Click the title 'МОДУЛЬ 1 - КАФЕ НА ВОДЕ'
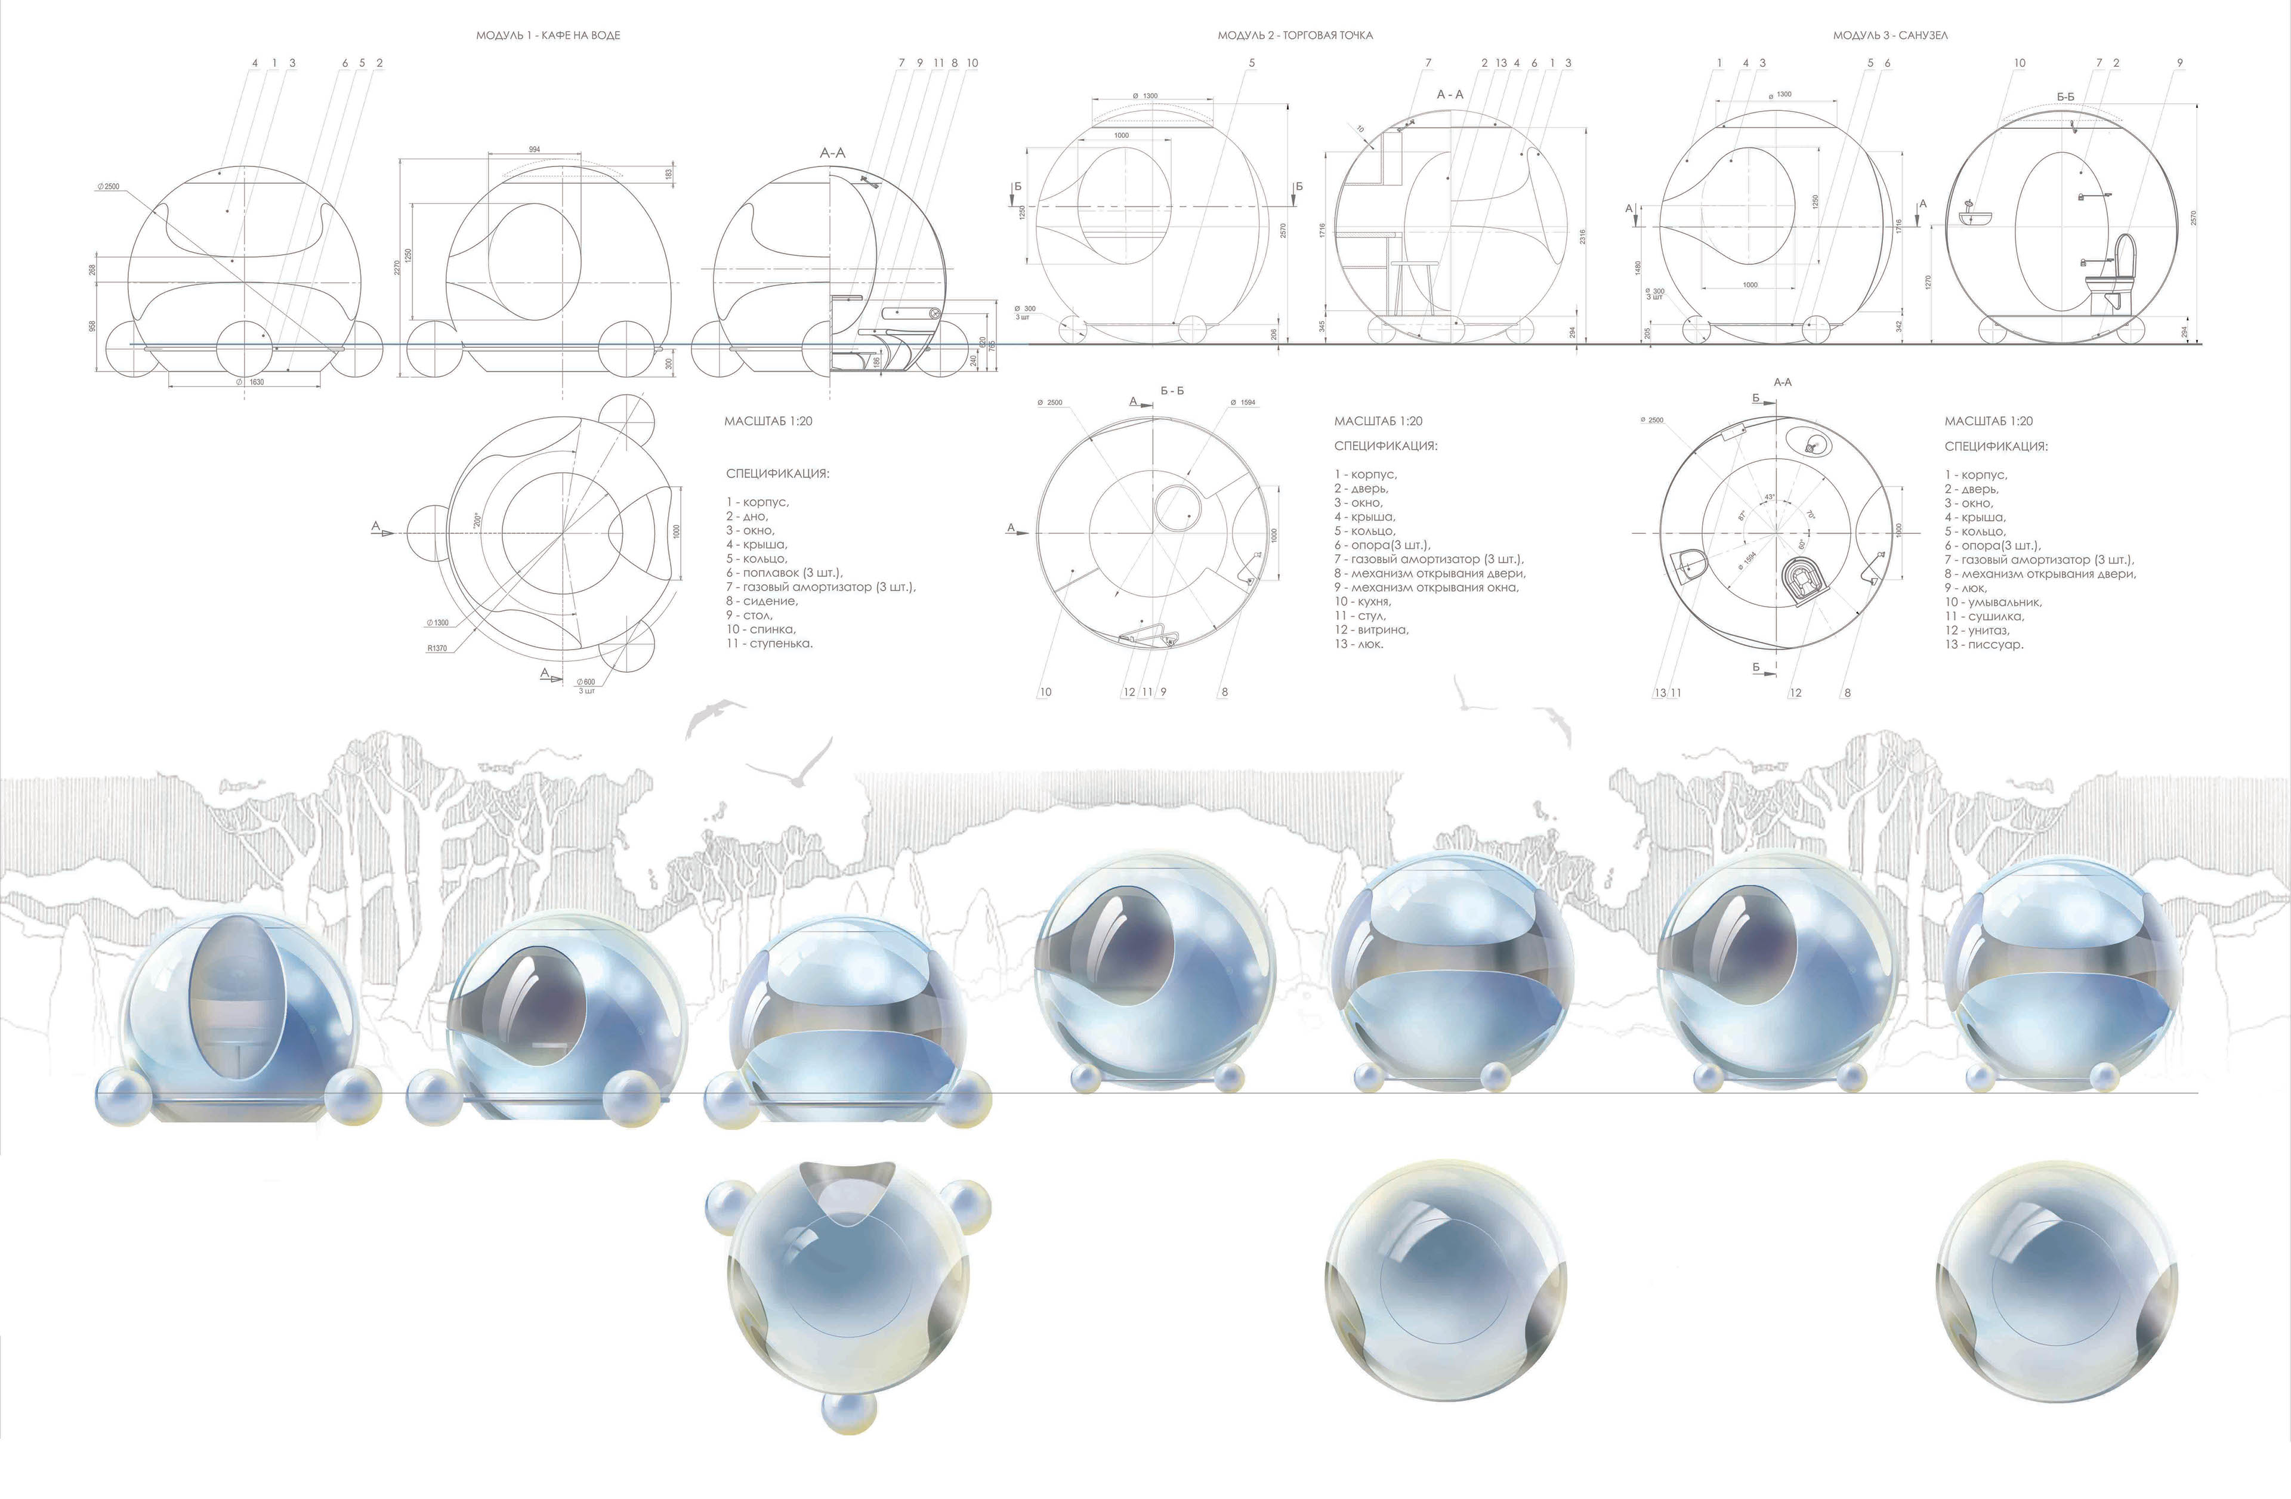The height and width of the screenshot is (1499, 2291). point(548,36)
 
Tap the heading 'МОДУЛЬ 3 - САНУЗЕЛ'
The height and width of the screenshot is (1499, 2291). point(1889,36)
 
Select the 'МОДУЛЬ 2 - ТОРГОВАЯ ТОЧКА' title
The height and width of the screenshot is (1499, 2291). point(1295,36)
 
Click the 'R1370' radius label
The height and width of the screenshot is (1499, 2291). point(437,648)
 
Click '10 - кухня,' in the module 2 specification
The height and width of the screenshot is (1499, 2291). point(1362,601)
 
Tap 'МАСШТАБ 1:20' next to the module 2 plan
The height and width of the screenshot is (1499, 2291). point(1378,421)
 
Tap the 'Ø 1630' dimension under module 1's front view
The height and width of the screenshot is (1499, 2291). point(252,382)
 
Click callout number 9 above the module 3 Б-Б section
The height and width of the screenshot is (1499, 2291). point(2179,63)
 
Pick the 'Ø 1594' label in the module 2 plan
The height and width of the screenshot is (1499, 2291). point(1243,402)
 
